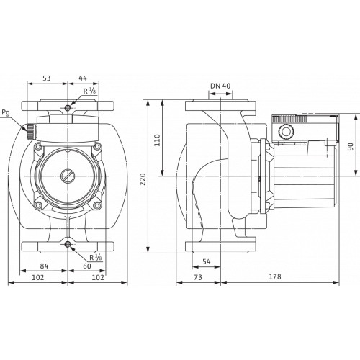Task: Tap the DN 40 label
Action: click(x=220, y=86)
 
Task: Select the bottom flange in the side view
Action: click(x=220, y=247)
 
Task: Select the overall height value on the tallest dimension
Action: click(x=143, y=177)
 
